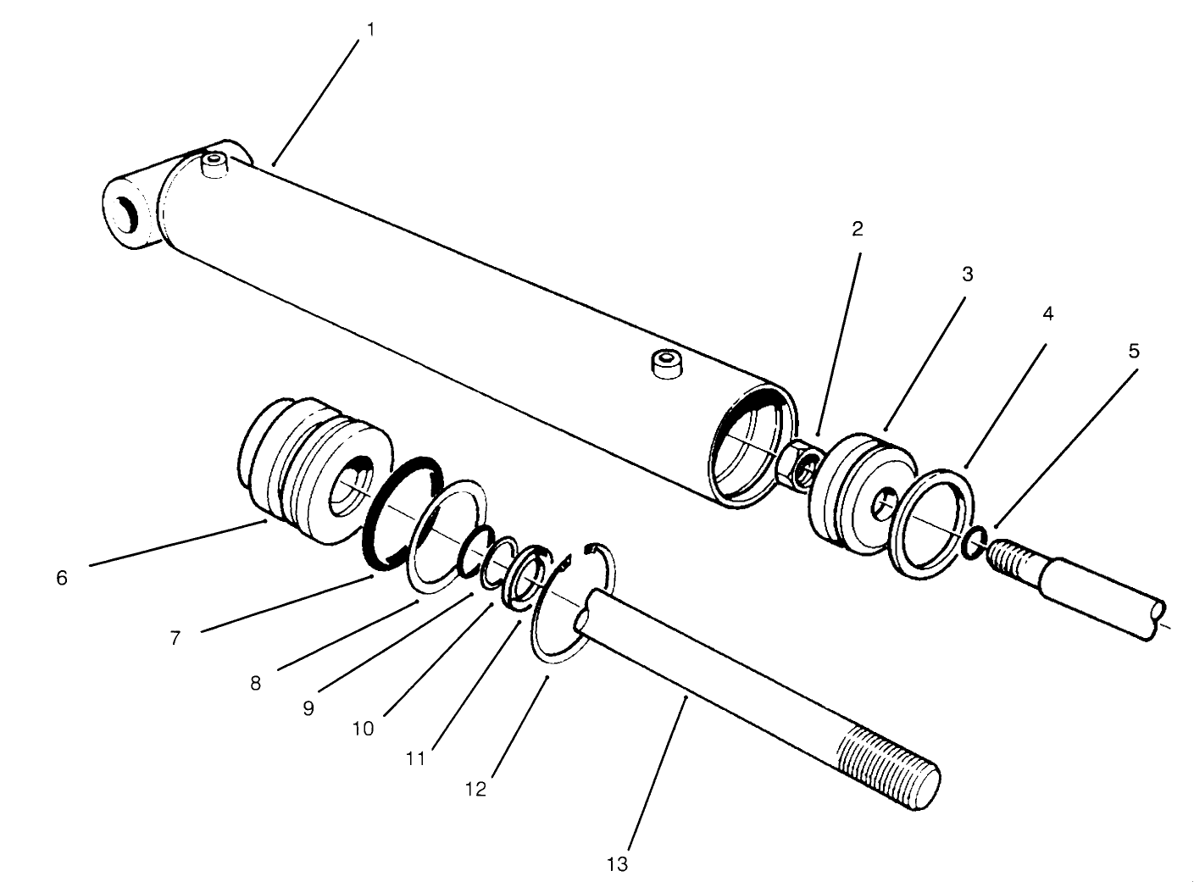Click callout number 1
[370, 30]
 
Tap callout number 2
[858, 229]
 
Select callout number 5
[1134, 351]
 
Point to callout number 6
[61, 579]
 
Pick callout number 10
[363, 729]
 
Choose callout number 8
[256, 683]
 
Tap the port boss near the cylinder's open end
[667, 366]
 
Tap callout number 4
[1047, 313]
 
